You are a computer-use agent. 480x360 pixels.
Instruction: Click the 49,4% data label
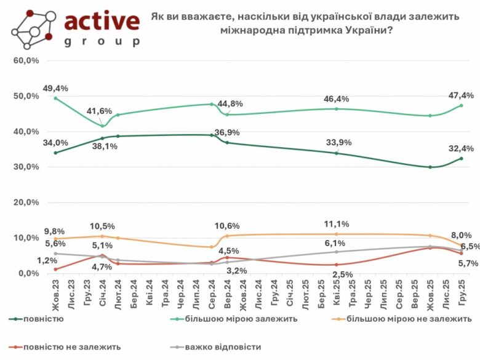click(55, 88)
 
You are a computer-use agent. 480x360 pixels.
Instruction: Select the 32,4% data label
click(460, 148)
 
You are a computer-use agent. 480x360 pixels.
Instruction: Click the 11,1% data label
click(337, 224)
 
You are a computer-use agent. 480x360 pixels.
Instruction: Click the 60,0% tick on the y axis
click(27, 61)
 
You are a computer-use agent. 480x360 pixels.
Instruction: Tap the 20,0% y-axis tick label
click(27, 202)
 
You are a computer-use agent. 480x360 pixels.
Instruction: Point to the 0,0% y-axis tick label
click(29, 273)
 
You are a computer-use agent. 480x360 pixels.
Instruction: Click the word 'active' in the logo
click(102, 21)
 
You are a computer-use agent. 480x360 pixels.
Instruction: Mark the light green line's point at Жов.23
click(55, 98)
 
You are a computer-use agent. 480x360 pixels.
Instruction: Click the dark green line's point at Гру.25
click(462, 159)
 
